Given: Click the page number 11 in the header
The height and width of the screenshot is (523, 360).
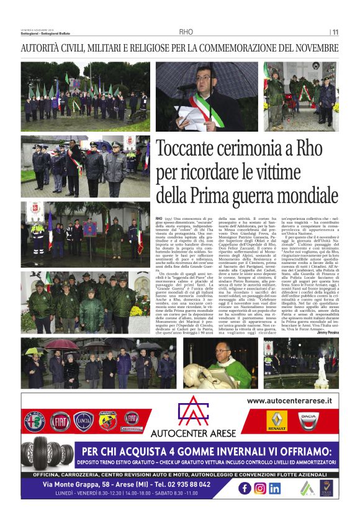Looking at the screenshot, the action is (x=335, y=32).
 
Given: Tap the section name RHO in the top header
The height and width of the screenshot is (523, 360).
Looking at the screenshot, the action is (x=186, y=32).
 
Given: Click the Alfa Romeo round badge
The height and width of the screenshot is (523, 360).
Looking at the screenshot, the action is (x=34, y=421).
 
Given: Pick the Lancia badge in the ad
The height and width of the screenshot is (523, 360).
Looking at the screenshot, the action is (x=83, y=421).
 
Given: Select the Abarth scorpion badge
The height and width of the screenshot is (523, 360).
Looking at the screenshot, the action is (x=107, y=421).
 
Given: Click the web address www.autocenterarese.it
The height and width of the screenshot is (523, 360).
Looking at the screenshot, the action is (x=289, y=402).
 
